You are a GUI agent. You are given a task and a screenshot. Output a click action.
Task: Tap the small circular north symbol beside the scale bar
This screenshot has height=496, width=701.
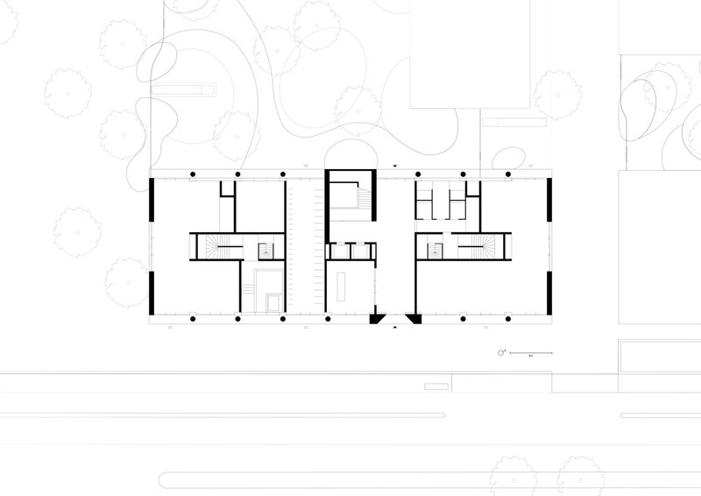(x=502, y=352)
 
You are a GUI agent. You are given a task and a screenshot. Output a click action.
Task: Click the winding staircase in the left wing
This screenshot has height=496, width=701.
(x=216, y=249)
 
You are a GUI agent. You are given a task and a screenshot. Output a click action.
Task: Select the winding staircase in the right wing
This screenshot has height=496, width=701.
(x=483, y=249)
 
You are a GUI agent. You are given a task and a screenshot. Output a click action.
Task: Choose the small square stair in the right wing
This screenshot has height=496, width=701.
(x=433, y=252)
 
